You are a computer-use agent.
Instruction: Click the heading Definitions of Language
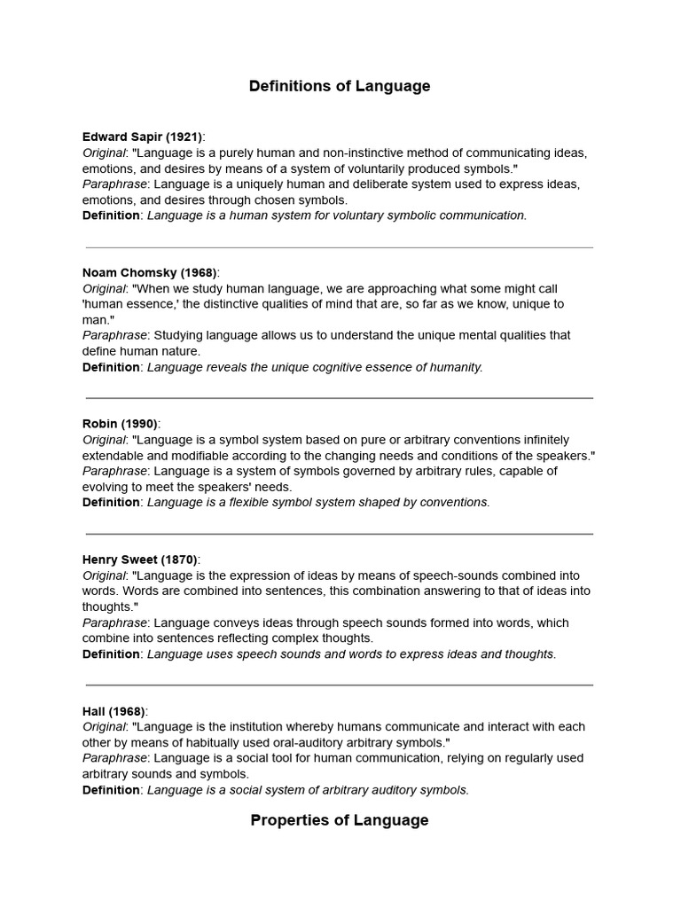pos(340,86)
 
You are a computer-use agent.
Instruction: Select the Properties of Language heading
pos(340,820)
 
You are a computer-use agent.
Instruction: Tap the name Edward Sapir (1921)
pos(142,137)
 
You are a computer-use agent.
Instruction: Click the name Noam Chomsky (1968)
pos(149,272)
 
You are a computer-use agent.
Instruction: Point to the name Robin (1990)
pos(120,424)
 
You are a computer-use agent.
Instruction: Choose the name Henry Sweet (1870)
pos(139,560)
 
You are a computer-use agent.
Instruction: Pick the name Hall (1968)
pos(113,711)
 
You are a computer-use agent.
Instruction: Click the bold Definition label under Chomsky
pos(111,367)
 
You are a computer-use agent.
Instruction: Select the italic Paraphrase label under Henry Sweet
pos(114,623)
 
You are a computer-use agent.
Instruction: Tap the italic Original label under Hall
pos(104,727)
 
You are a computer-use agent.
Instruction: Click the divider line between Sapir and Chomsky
pos(340,247)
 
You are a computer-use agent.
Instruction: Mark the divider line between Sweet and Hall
pos(340,685)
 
